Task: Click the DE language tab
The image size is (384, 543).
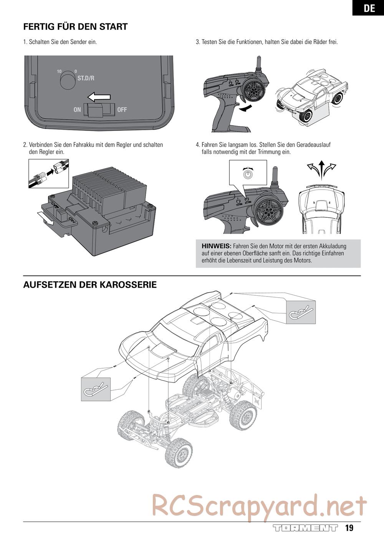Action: [369, 8]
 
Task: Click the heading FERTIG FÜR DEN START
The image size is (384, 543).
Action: [75, 27]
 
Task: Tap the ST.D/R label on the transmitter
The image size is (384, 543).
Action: [86, 78]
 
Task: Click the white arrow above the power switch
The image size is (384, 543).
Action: [99, 96]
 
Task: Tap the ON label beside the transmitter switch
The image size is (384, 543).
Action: [77, 110]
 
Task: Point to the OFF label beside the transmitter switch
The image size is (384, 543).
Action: [122, 110]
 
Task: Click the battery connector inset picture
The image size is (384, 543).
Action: [49, 173]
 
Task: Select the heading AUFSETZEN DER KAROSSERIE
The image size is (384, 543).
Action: [90, 285]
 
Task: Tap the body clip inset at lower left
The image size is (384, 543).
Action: [96, 389]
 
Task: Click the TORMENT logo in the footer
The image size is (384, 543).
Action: [305, 528]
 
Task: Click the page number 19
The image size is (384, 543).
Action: [349, 528]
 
